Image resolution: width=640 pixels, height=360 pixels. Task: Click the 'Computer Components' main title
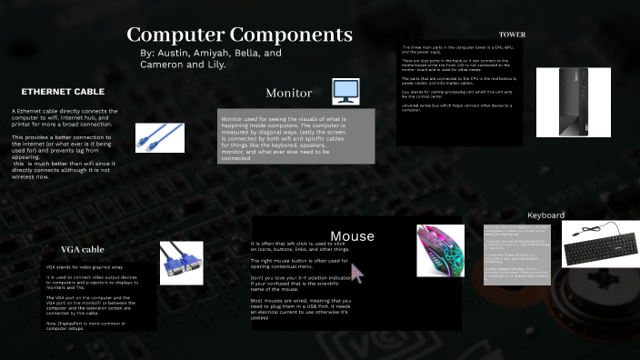pyautogui.click(x=240, y=35)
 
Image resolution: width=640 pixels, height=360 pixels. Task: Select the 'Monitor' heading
pyautogui.click(x=289, y=94)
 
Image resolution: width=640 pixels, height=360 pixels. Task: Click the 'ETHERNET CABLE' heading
pyautogui.click(x=63, y=92)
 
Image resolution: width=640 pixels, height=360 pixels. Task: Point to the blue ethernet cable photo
pyautogui.click(x=160, y=136)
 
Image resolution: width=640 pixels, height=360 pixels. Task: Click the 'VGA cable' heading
pyautogui.click(x=83, y=249)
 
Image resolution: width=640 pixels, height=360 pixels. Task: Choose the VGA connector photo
pyautogui.click(x=181, y=263)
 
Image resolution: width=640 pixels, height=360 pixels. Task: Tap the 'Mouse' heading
pyautogui.click(x=352, y=236)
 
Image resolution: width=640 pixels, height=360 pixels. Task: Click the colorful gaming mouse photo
pyautogui.click(x=440, y=250)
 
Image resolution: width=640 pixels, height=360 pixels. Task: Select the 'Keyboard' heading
pyautogui.click(x=546, y=215)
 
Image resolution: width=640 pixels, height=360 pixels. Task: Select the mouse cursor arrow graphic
pyautogui.click(x=357, y=273)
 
